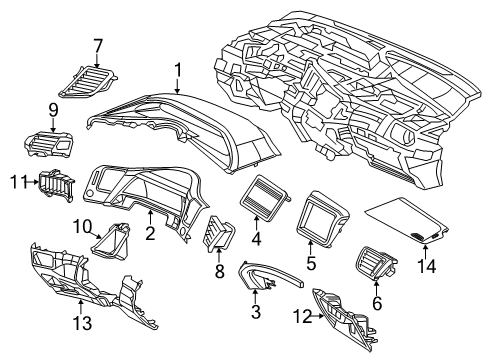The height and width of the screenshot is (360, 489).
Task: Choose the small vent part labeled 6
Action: [374, 268]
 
